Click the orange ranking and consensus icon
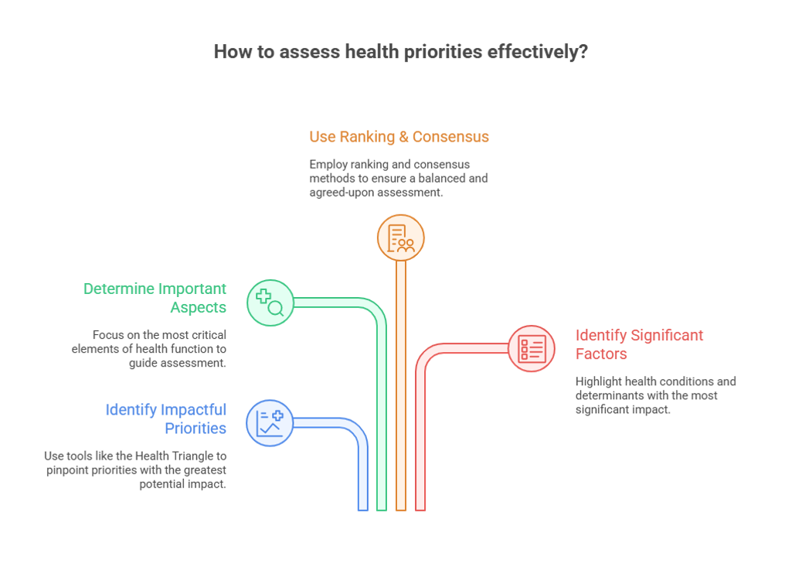tap(400, 237)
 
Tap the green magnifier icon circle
tap(270, 302)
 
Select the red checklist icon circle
tap(532, 348)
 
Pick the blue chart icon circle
tap(270, 423)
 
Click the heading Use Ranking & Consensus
tap(399, 137)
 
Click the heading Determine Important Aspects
tap(155, 298)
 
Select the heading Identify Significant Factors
tap(639, 344)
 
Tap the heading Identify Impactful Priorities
tap(166, 419)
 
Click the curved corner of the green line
tap(376, 308)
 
